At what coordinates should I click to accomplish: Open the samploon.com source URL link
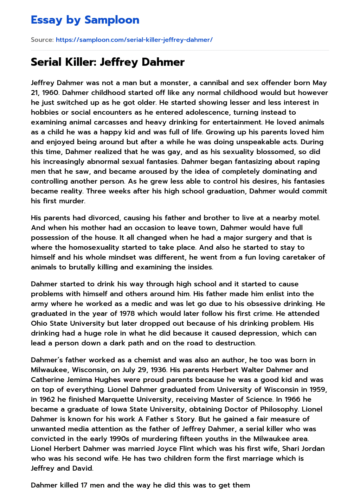tap(134, 40)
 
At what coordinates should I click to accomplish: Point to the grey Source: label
tap(42, 40)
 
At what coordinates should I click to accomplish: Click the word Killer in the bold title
tap(80, 62)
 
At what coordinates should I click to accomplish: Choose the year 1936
tap(160, 370)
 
